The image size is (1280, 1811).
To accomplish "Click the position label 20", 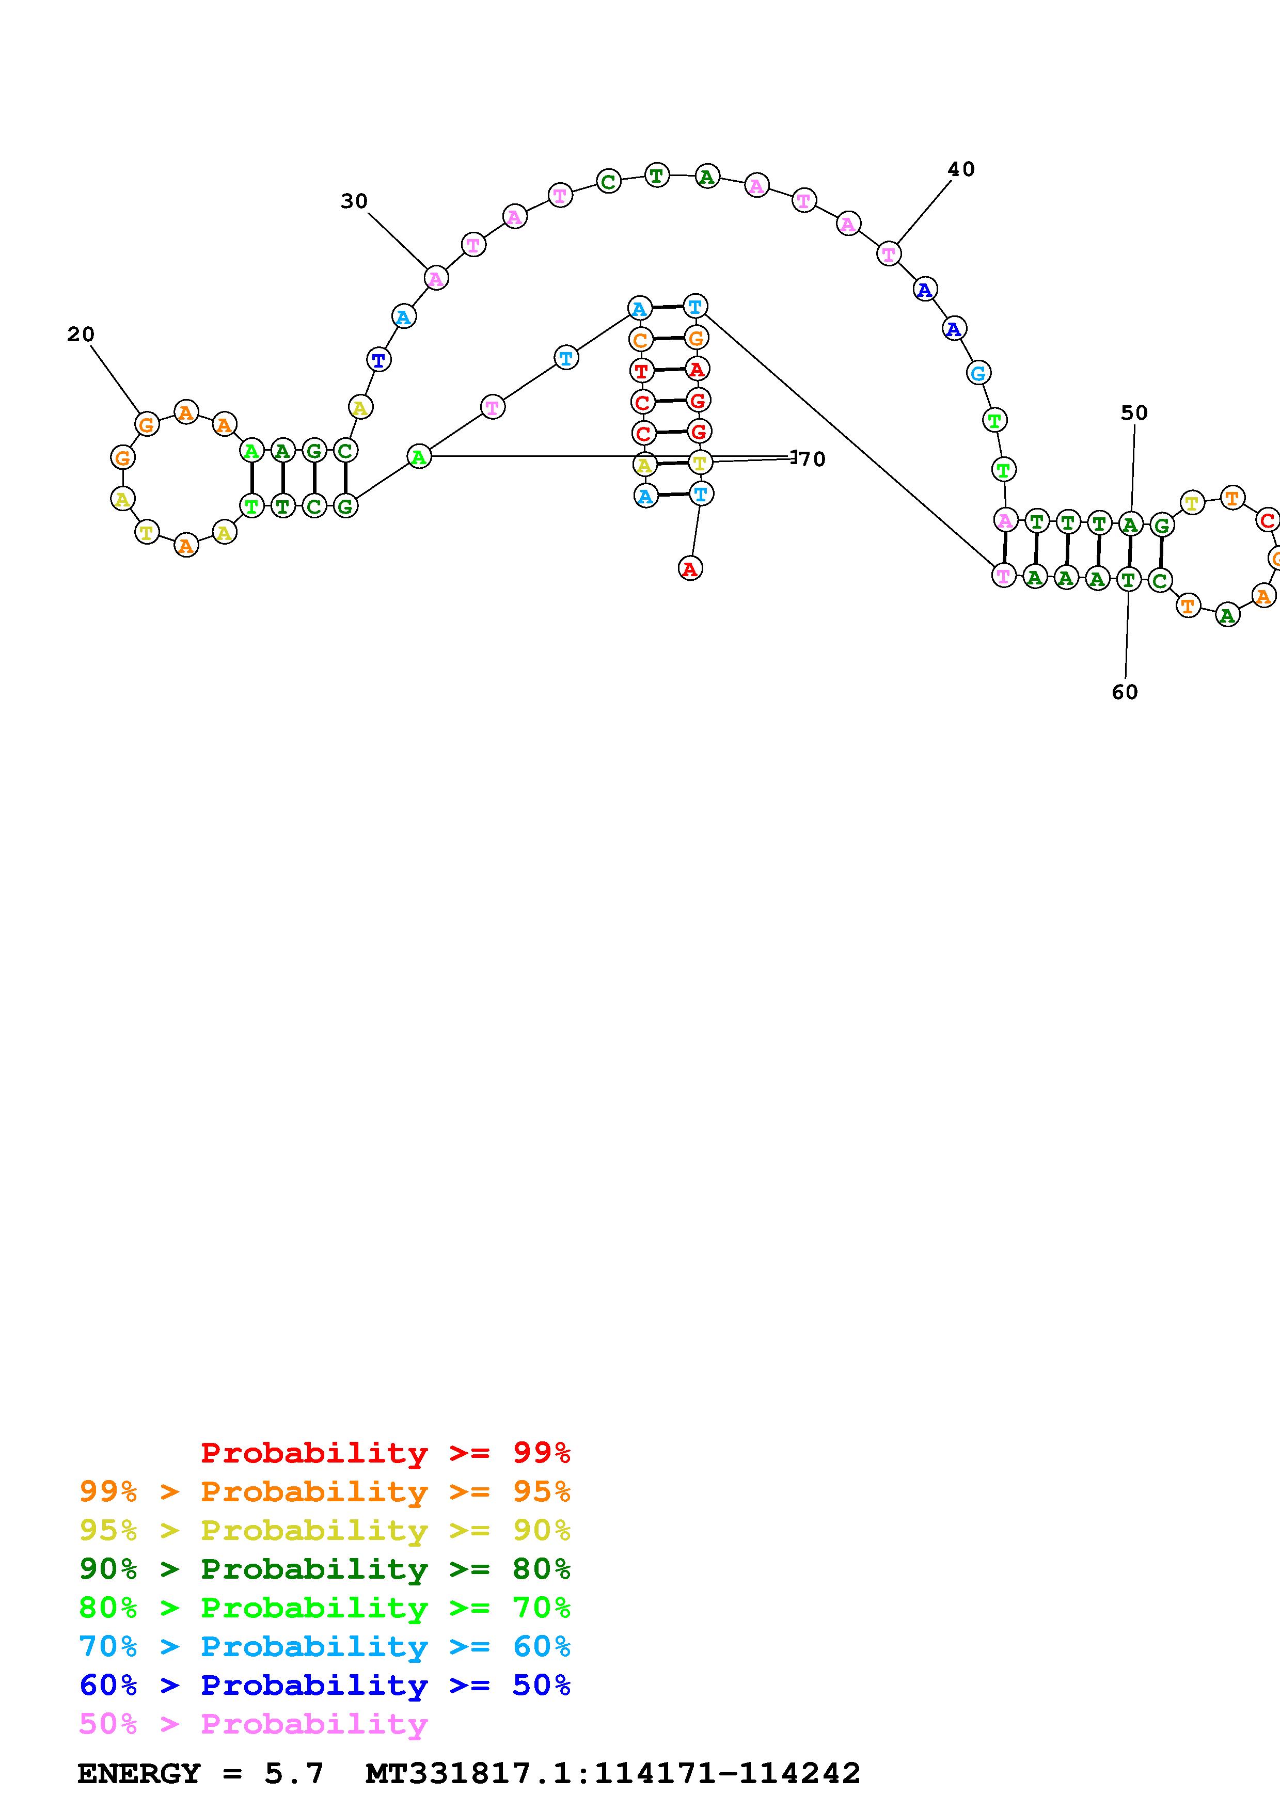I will (x=81, y=335).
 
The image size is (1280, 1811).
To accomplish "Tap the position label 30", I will (x=354, y=201).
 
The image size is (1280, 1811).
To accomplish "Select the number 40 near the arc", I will (x=960, y=169).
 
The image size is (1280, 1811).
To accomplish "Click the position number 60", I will (x=1125, y=692).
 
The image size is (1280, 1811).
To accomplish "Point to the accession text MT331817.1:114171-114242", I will (x=613, y=1773).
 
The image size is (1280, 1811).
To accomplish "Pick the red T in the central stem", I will (x=641, y=370).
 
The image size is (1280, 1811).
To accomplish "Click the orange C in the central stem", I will (x=640, y=341).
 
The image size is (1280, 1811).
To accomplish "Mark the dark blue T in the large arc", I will (x=378, y=360).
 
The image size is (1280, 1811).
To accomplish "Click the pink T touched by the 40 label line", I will (x=889, y=254).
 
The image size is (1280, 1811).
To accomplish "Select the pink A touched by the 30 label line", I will (x=435, y=278).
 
